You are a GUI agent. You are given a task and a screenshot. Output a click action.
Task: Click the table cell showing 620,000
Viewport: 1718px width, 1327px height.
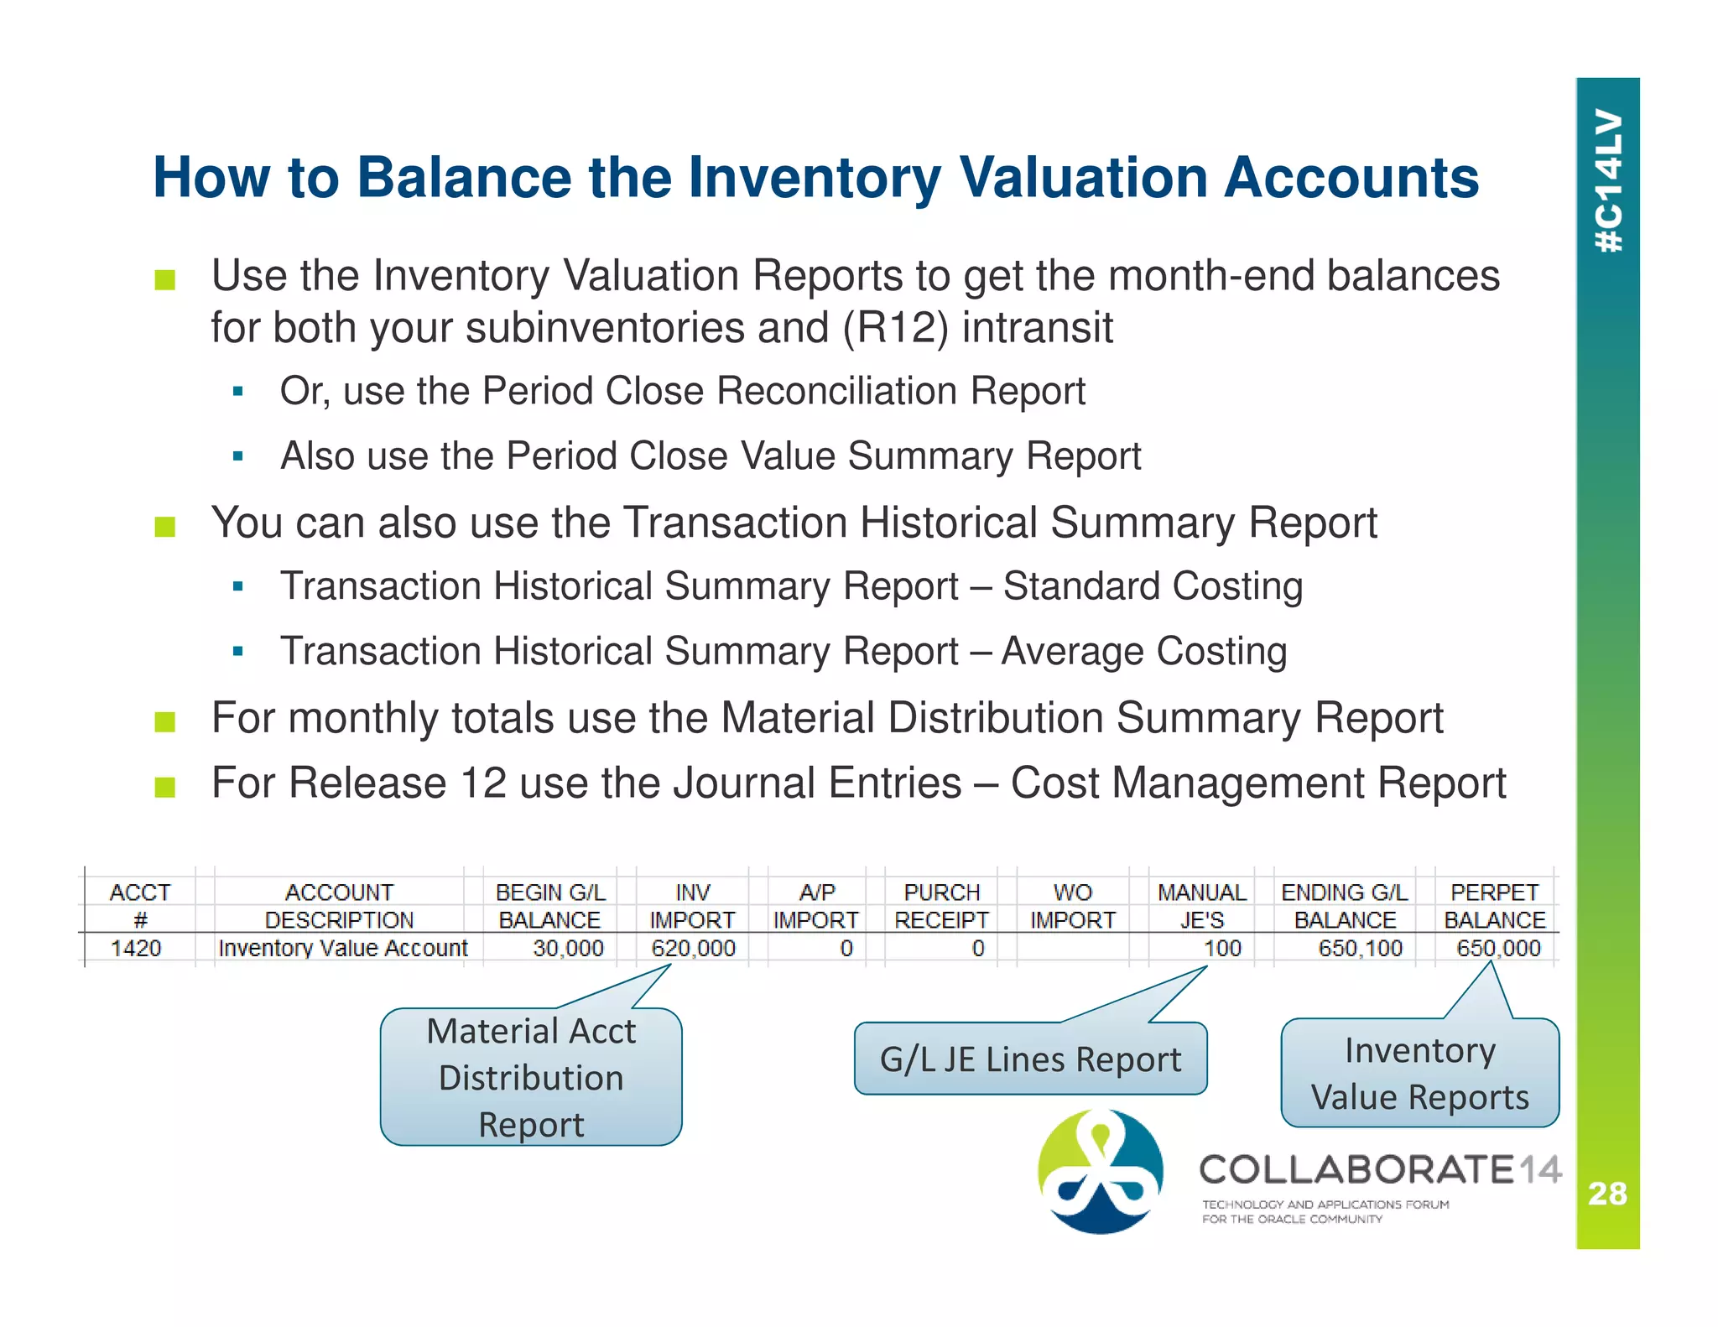coord(693,949)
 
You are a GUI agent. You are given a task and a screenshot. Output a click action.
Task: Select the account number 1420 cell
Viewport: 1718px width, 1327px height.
coord(136,949)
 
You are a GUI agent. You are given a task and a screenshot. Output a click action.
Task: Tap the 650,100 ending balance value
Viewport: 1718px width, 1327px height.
coord(1360,949)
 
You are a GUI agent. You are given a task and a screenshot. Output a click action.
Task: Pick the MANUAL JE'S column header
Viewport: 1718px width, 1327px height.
coord(1201,906)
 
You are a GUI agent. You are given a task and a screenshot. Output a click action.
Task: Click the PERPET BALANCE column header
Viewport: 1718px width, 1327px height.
coord(1494,906)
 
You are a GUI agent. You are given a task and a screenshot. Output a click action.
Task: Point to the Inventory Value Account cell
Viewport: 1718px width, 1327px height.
coord(342,949)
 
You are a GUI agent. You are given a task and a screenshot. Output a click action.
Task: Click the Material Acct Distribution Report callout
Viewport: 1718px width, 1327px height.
coord(531,1077)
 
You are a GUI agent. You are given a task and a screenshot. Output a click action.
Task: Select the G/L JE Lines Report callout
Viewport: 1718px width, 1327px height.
coord(1030,1059)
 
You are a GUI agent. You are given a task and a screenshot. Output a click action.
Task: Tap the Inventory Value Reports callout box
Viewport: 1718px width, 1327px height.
coord(1419,1074)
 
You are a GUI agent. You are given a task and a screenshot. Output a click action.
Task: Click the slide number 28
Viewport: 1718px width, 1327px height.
coord(1607,1194)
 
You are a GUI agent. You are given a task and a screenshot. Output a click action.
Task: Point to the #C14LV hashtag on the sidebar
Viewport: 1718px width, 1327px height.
coord(1609,180)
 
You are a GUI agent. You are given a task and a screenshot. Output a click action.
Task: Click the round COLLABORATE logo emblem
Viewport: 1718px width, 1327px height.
coord(1100,1172)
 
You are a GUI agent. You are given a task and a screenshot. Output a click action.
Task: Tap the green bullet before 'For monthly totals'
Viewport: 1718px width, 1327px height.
coord(165,721)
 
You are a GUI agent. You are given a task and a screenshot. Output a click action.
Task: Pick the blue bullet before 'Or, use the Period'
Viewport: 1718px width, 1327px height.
coord(238,392)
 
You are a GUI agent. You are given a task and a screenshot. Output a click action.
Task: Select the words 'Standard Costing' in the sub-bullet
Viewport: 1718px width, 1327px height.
coord(1153,586)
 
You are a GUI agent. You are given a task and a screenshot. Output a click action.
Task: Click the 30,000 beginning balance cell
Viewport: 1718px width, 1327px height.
coord(568,949)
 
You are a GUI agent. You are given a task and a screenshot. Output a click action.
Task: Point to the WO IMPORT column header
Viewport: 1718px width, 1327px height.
coord(1072,906)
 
